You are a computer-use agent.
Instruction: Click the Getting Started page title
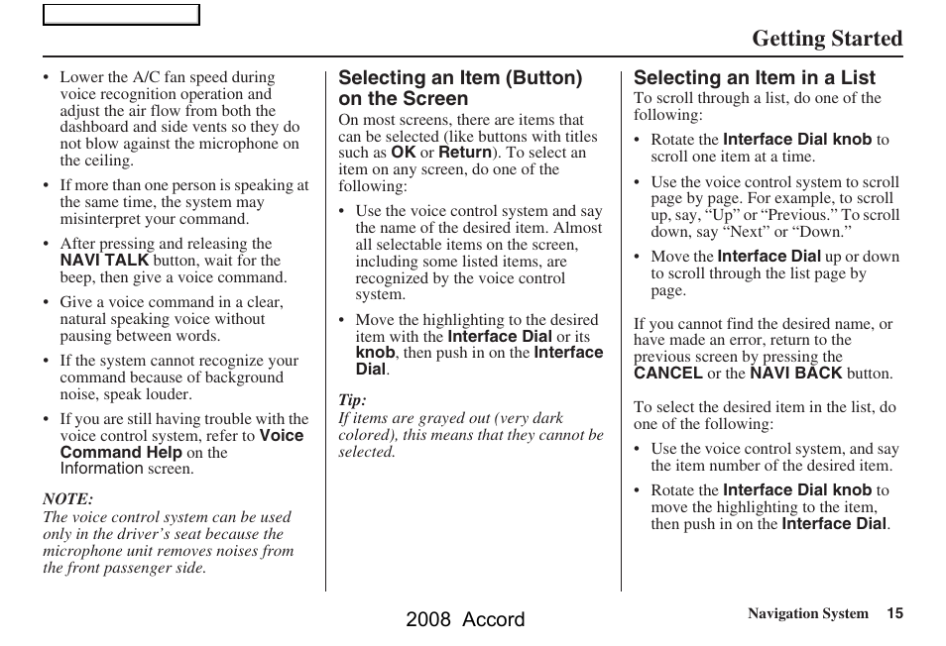pyautogui.click(x=826, y=39)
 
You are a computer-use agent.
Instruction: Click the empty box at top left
pyautogui.click(x=121, y=15)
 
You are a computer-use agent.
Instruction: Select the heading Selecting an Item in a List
pyautogui.click(x=755, y=77)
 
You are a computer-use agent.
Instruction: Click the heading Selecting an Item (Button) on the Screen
pyautogui.click(x=460, y=88)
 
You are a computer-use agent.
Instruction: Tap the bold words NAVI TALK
pyautogui.click(x=104, y=261)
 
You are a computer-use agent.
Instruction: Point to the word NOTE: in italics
pyautogui.click(x=67, y=499)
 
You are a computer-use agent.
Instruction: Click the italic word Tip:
pyautogui.click(x=352, y=400)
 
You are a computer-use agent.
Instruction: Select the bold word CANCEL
pyautogui.click(x=668, y=374)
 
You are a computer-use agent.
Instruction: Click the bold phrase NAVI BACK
pyautogui.click(x=795, y=374)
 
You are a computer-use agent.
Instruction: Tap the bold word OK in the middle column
pyautogui.click(x=403, y=153)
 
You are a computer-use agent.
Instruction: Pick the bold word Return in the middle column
pyautogui.click(x=465, y=153)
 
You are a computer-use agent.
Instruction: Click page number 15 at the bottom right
pyautogui.click(x=894, y=613)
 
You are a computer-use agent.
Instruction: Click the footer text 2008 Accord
pyautogui.click(x=465, y=619)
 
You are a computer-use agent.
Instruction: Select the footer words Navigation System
pyautogui.click(x=807, y=613)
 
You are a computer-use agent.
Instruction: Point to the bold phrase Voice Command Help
pyautogui.click(x=181, y=444)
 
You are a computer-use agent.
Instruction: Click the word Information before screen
pyautogui.click(x=101, y=469)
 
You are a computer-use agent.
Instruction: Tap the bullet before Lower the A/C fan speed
pyautogui.click(x=47, y=78)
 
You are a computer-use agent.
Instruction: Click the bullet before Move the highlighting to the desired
pyautogui.click(x=342, y=321)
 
